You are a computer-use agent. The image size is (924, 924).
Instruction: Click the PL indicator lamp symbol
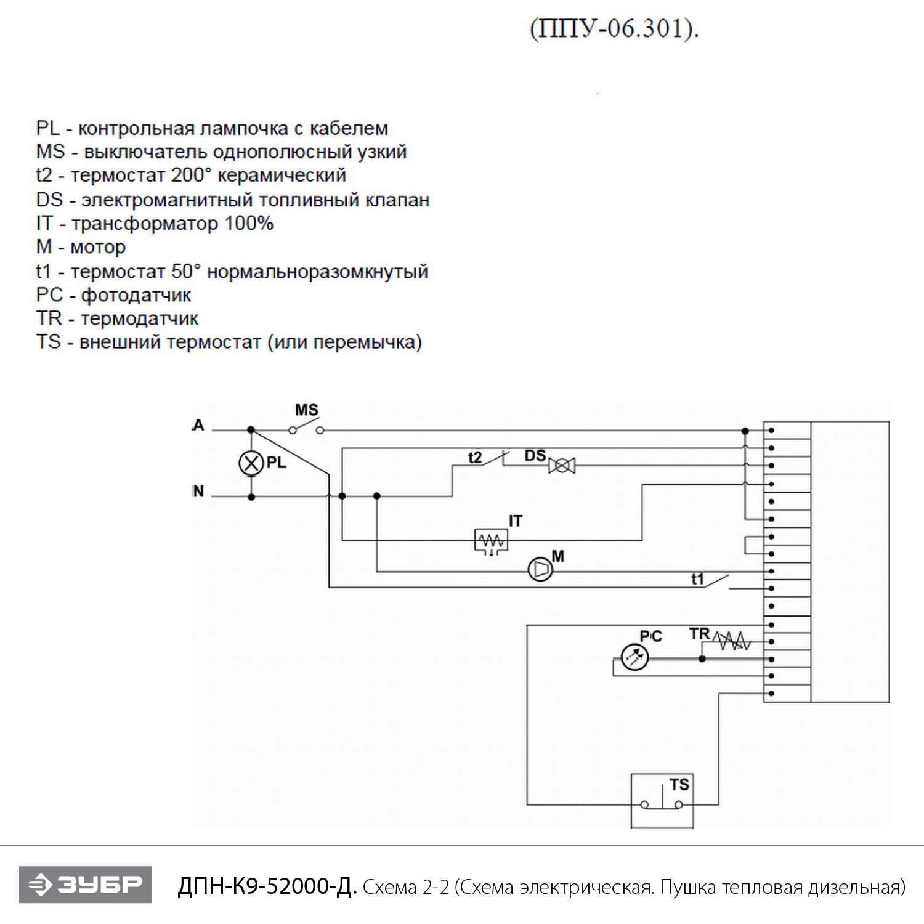coord(251,463)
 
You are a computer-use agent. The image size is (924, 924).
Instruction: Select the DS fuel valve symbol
coord(562,466)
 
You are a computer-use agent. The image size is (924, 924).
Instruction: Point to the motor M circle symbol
coord(541,569)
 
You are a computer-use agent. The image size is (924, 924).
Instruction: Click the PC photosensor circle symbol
coord(635,657)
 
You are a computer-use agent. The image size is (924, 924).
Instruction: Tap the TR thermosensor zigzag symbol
coord(732,642)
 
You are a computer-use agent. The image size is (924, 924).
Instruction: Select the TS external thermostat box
coord(662,801)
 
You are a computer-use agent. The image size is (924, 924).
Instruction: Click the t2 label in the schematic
coord(475,458)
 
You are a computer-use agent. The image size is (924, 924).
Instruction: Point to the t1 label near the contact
coord(697,579)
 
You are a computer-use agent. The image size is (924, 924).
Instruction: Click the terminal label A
coord(198,425)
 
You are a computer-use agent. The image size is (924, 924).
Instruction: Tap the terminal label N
coord(198,491)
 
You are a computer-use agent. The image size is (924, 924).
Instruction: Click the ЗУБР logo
coord(86,885)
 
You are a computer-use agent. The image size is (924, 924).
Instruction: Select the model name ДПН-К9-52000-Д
coord(267,886)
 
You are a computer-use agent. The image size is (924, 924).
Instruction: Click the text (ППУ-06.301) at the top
coord(614,28)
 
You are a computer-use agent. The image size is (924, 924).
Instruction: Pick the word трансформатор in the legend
coord(144,224)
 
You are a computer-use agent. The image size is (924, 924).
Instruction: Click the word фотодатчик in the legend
coord(136,295)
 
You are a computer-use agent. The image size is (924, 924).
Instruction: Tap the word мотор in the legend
coord(98,247)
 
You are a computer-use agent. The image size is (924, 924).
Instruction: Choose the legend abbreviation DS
coord(49,200)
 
